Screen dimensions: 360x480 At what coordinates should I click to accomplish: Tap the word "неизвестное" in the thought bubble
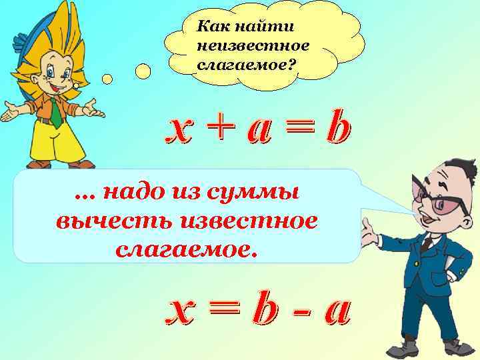click(x=253, y=47)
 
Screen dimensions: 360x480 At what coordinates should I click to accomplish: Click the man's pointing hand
click(x=368, y=234)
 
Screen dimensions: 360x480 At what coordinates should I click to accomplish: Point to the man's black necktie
click(x=426, y=243)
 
